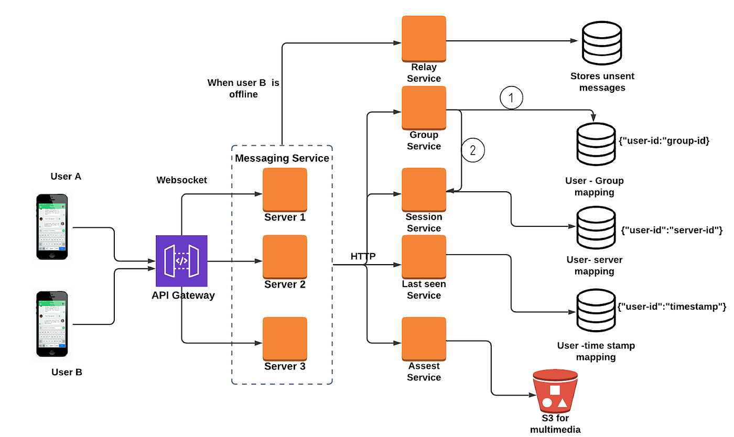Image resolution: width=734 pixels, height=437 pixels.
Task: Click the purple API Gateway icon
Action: pos(181,261)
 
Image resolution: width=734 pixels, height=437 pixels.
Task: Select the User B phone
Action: pos(52,323)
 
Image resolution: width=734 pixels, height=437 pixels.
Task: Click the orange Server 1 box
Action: pos(285,189)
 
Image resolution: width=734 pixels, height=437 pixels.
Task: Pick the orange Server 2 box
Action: pos(285,257)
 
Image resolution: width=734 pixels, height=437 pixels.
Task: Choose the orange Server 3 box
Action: pos(285,338)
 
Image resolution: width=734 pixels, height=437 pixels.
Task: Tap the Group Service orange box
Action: pos(424,107)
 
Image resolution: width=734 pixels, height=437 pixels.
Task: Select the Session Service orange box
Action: pos(424,189)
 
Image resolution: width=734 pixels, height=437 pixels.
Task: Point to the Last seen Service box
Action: pos(424,257)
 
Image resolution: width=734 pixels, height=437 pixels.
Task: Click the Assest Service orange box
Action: pos(424,338)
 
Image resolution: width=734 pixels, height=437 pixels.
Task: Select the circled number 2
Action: pos(473,150)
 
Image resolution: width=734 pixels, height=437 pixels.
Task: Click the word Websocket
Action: pos(182,180)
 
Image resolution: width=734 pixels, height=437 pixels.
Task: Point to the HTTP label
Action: pos(363,256)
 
